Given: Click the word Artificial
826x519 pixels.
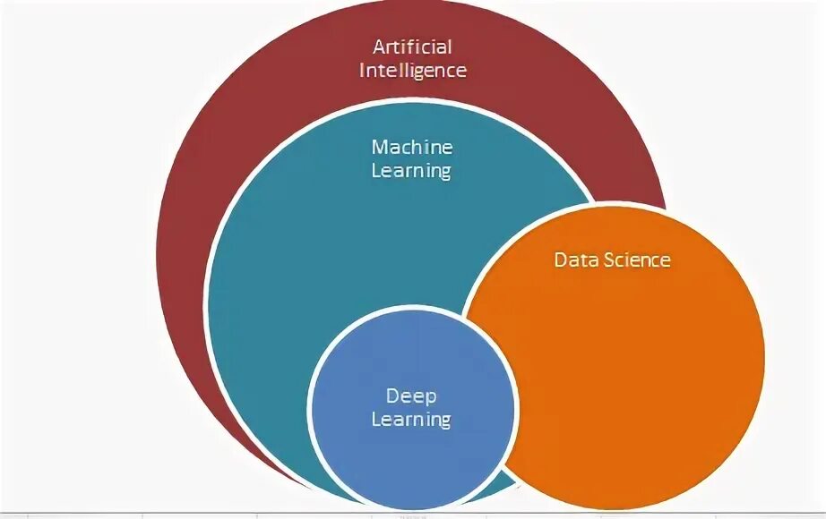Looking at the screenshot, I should [413, 46].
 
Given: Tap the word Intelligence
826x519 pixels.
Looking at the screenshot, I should [413, 69].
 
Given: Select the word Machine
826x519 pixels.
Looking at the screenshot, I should [412, 147].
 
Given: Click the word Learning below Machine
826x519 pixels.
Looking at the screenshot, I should [412, 170].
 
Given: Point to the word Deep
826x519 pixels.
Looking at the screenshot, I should [411, 396].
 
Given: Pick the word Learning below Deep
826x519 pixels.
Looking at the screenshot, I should [411, 418].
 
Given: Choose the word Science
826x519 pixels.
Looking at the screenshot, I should [638, 260].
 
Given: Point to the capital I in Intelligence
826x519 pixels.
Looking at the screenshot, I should [363, 69].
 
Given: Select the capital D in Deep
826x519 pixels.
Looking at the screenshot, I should [391, 395].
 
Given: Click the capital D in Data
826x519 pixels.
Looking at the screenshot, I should [561, 260].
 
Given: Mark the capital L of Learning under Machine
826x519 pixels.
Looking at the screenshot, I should [376, 170].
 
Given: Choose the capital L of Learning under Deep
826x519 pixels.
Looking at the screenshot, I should [375, 418].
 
